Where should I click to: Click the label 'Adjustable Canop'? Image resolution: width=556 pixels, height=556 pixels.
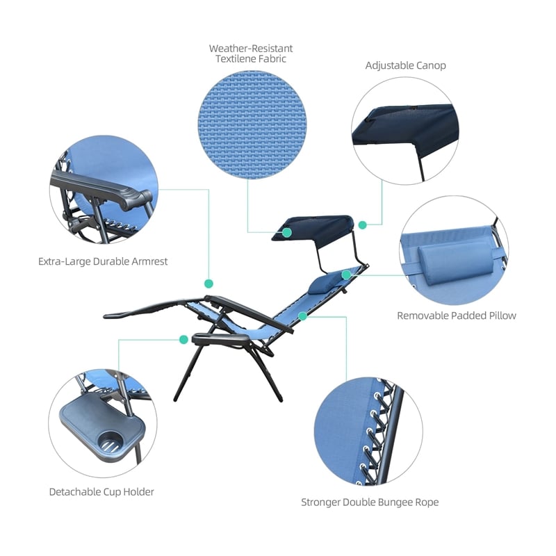tap(406, 65)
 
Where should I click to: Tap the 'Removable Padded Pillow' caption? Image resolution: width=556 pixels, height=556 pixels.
tap(457, 316)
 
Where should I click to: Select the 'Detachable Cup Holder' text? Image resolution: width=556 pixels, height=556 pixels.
tap(101, 492)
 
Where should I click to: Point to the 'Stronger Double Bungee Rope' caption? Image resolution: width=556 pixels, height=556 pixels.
tap(370, 502)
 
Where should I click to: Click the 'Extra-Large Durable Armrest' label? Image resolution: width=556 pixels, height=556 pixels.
tap(103, 262)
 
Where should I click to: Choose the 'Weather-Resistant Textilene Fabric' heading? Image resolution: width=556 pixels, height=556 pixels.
tap(251, 54)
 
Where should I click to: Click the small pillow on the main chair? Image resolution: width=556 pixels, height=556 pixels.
tap(322, 282)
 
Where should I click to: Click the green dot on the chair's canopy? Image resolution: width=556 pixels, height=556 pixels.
tap(286, 232)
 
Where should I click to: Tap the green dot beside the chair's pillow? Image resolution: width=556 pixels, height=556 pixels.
tap(346, 275)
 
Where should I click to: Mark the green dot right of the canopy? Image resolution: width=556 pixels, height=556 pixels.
tap(362, 224)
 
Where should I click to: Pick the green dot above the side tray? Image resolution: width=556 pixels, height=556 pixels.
tap(183, 339)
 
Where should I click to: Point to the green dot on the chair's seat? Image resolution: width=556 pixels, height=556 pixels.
tap(302, 316)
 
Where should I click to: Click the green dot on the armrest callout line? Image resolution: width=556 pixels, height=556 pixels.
tap(208, 284)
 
